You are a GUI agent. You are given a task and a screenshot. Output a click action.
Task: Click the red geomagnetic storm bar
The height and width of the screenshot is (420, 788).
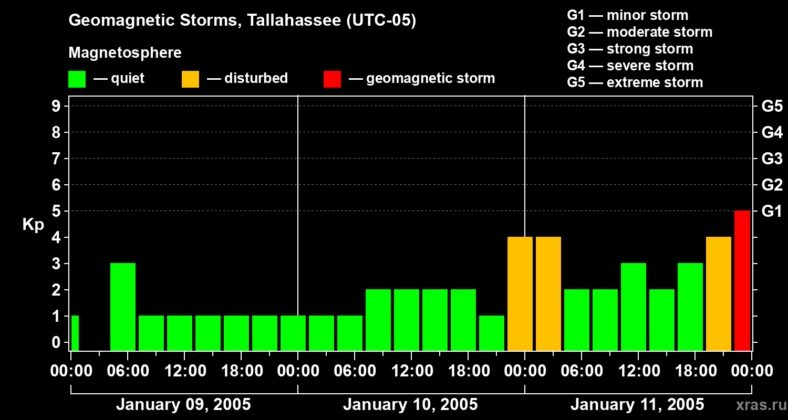[742, 280]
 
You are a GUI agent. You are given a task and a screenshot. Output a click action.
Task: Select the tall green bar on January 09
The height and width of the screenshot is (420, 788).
[123, 307]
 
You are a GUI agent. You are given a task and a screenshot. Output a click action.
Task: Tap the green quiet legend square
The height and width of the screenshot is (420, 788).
[77, 79]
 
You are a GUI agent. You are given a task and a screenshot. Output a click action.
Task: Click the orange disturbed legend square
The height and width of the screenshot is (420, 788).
[190, 79]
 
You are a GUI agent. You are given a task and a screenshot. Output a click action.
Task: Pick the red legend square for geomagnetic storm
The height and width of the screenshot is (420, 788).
[332, 79]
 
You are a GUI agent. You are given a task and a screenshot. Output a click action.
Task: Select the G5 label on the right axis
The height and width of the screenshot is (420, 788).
[772, 106]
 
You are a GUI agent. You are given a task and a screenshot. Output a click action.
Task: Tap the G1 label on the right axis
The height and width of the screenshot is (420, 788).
[772, 211]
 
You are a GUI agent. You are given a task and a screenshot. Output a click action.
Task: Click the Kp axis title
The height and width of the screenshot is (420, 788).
[33, 225]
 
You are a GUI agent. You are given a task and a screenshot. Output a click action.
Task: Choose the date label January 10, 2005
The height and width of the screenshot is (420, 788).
[410, 405]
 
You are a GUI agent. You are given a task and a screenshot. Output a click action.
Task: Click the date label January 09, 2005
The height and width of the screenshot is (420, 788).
[183, 405]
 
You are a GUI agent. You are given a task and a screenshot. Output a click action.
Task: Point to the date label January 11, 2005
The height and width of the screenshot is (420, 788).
[637, 405]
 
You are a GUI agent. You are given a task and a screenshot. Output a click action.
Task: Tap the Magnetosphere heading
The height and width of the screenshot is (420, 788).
[125, 53]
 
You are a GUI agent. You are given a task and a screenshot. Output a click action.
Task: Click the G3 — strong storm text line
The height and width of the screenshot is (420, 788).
[630, 49]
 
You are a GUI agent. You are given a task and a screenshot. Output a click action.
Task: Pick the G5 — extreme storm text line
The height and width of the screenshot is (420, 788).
[635, 82]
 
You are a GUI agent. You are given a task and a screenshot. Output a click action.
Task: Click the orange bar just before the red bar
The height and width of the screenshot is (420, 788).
[719, 293]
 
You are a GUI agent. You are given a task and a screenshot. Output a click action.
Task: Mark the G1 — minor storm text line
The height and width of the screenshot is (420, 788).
[627, 15]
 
